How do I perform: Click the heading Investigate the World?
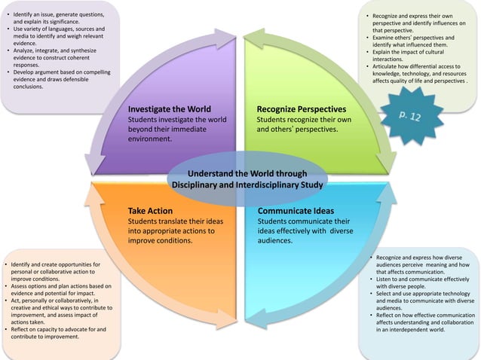pyautogui.click(x=169, y=108)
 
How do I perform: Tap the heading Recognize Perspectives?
pyautogui.click(x=301, y=108)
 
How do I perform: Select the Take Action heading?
pyautogui.click(x=150, y=211)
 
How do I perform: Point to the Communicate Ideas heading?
pyautogui.click(x=296, y=211)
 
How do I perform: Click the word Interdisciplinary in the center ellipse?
pyautogui.click(x=286, y=184)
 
